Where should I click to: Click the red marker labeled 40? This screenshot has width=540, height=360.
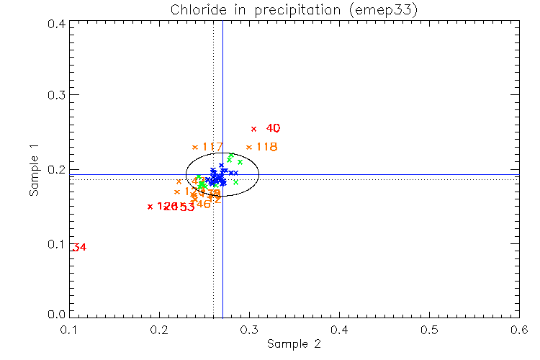pyautogui.click(x=253, y=129)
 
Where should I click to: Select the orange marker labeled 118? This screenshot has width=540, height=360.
pyautogui.click(x=249, y=148)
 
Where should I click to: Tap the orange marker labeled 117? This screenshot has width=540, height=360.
pyautogui.click(x=195, y=148)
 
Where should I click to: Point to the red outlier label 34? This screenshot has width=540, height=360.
pyautogui.click(x=79, y=248)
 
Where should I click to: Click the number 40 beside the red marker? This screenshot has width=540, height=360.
pyautogui.click(x=273, y=129)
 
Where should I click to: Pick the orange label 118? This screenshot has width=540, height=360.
pyautogui.click(x=266, y=148)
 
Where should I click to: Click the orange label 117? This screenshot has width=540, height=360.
pyautogui.click(x=212, y=148)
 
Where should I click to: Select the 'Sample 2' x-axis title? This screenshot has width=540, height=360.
pyautogui.click(x=294, y=344)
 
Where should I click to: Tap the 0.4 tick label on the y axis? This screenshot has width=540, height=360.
pyautogui.click(x=57, y=24)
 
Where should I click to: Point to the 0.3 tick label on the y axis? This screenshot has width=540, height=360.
pyautogui.click(x=57, y=96)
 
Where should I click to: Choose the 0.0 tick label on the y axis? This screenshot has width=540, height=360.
pyautogui.click(x=57, y=315)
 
